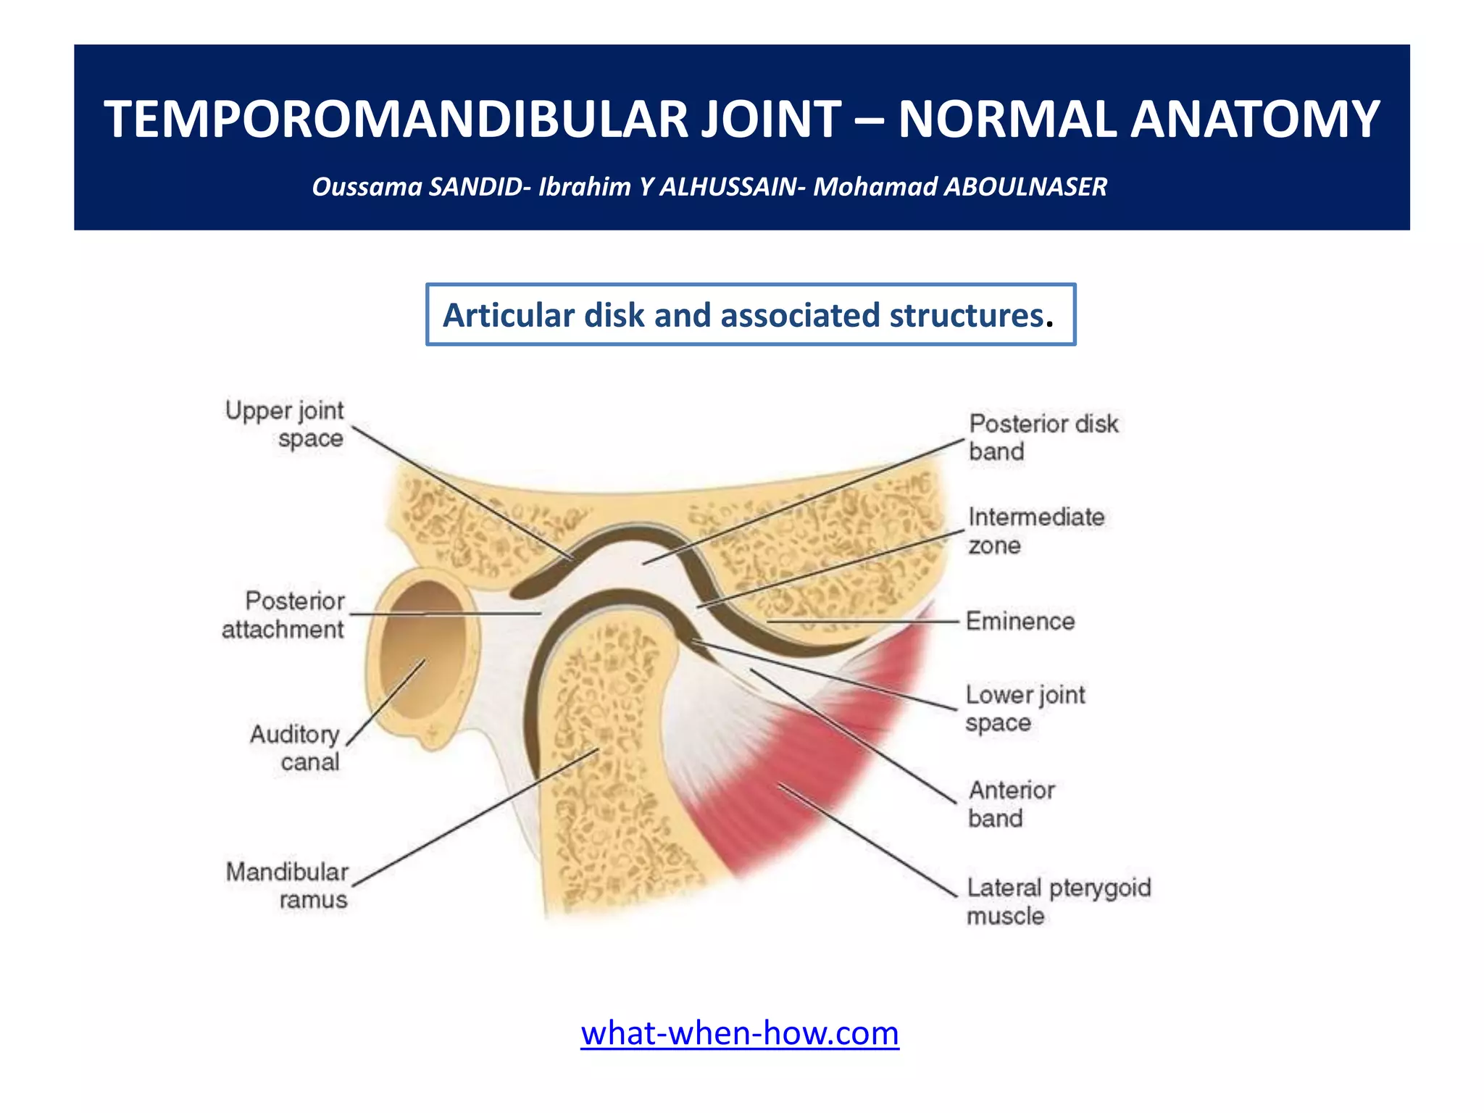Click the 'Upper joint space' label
coord(285,425)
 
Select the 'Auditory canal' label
coord(296,748)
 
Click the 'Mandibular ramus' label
coord(288,885)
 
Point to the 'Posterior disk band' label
coord(1043,437)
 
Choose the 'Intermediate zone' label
coord(1035,530)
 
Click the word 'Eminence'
coord(1020,621)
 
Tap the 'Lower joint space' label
coord(1025,708)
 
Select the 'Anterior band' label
coord(1012,804)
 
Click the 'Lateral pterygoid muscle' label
coord(1058,901)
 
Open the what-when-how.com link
coord(740,1033)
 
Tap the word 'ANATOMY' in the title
coord(1254,120)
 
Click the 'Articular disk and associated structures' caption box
coord(750,315)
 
